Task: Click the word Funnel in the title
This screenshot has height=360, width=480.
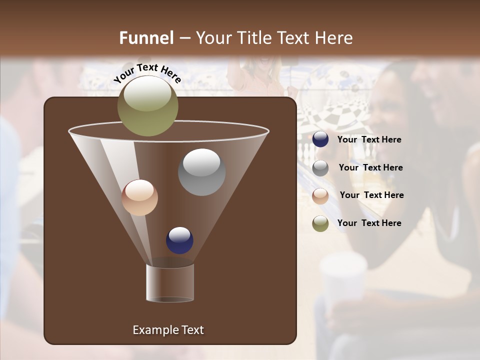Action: tap(146, 38)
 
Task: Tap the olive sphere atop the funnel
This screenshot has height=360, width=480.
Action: tap(148, 105)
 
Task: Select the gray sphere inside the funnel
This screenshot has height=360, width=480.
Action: tap(201, 172)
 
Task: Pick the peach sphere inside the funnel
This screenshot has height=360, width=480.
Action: tap(140, 197)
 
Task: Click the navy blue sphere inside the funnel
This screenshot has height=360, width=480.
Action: tap(179, 240)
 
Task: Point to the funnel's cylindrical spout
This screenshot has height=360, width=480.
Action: tap(170, 283)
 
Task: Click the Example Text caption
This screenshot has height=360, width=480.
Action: tap(168, 330)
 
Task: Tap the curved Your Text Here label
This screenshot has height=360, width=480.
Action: tap(147, 73)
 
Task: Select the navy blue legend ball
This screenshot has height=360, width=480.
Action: tap(320, 139)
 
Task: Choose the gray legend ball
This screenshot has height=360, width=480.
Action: tap(320, 168)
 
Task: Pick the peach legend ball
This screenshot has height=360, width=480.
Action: tap(320, 196)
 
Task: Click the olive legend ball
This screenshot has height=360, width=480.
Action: tap(320, 223)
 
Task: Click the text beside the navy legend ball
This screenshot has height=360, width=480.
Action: tap(369, 140)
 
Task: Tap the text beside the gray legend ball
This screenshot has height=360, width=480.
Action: tap(370, 168)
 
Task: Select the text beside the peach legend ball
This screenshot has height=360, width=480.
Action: tap(371, 195)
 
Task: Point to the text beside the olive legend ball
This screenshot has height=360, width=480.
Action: tap(369, 223)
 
